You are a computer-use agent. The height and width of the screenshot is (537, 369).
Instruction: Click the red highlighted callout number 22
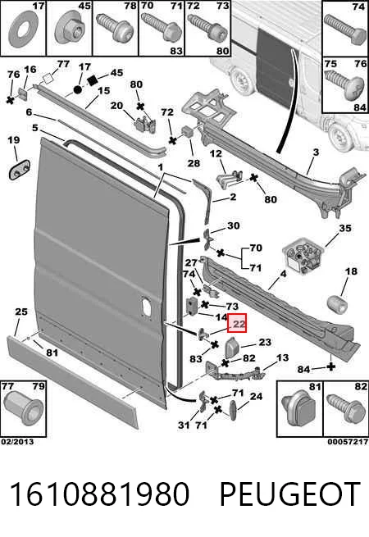pos(237,323)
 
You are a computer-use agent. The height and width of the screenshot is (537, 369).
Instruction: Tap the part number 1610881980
pos(100,494)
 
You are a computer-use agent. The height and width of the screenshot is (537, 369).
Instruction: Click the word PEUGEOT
pos(289,494)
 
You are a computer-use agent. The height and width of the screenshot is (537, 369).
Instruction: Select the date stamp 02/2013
pos(17,441)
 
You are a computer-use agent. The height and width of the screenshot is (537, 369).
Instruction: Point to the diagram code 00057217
pos(348,441)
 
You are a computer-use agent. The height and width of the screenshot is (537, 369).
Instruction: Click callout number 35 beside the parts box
pos(345,228)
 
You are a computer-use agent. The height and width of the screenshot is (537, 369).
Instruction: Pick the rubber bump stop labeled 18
pos(338,304)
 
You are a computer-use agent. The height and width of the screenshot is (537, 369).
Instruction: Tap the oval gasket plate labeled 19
pos(20,169)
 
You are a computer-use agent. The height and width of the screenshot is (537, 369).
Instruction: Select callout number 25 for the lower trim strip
pos(21,312)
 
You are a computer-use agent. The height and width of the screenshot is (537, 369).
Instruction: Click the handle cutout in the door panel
pos(146,305)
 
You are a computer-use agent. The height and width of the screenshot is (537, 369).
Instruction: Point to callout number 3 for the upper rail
pos(316,152)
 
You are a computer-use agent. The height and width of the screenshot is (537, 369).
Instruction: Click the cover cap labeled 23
pos(232,348)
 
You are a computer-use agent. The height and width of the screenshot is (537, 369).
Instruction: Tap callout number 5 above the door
pos(35,127)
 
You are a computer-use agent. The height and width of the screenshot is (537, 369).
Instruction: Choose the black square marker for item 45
pos(93,81)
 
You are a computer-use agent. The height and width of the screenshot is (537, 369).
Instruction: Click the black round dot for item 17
pos(78,89)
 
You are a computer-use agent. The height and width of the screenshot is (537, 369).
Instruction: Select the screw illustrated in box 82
pos(344,412)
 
